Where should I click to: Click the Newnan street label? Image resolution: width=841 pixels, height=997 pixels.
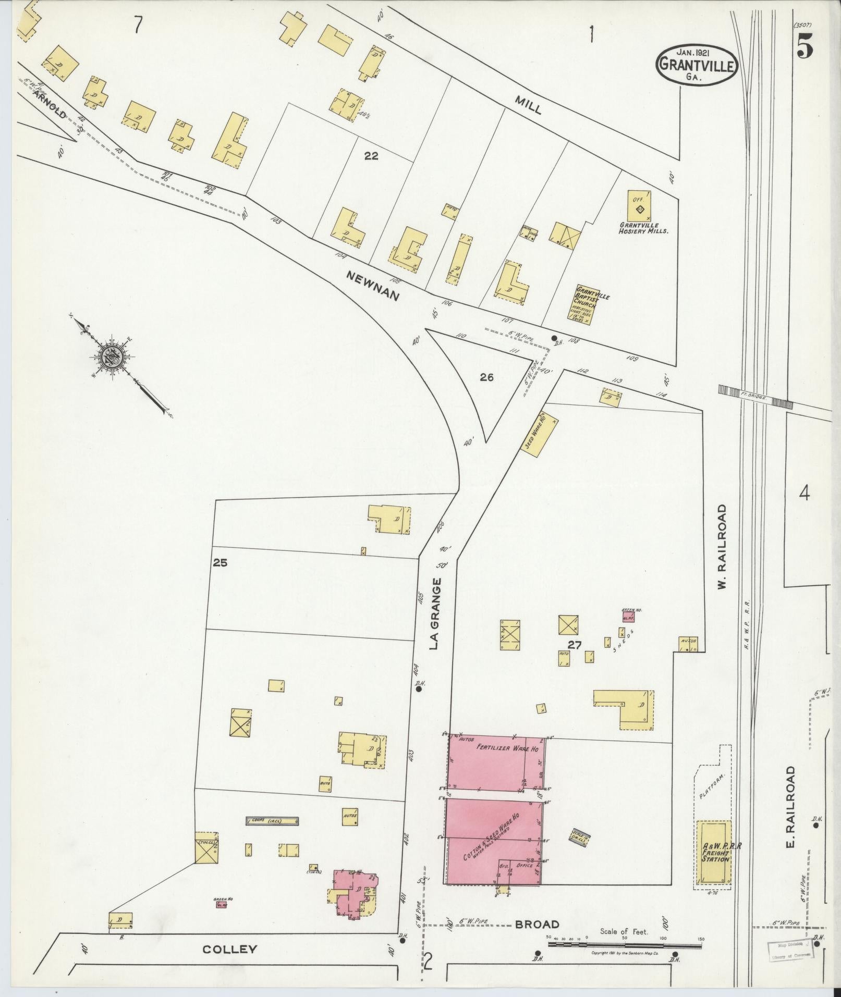[374, 285]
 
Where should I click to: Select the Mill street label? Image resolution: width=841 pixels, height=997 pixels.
[529, 105]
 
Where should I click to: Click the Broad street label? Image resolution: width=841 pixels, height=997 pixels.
[537, 925]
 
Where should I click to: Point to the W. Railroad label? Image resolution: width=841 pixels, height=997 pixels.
[722, 547]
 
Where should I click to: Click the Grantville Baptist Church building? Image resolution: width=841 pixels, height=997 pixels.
[586, 305]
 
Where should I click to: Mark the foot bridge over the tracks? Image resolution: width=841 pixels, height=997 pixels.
[755, 396]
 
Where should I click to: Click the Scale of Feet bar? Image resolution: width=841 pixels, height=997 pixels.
[626, 944]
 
